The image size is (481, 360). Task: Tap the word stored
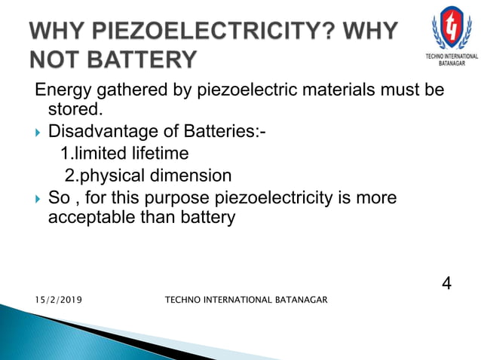[75, 111]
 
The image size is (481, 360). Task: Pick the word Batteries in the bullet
[220, 133]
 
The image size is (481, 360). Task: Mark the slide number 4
[446, 284]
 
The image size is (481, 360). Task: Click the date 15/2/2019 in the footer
[59, 301]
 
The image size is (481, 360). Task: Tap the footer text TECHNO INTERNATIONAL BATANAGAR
[246, 301]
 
